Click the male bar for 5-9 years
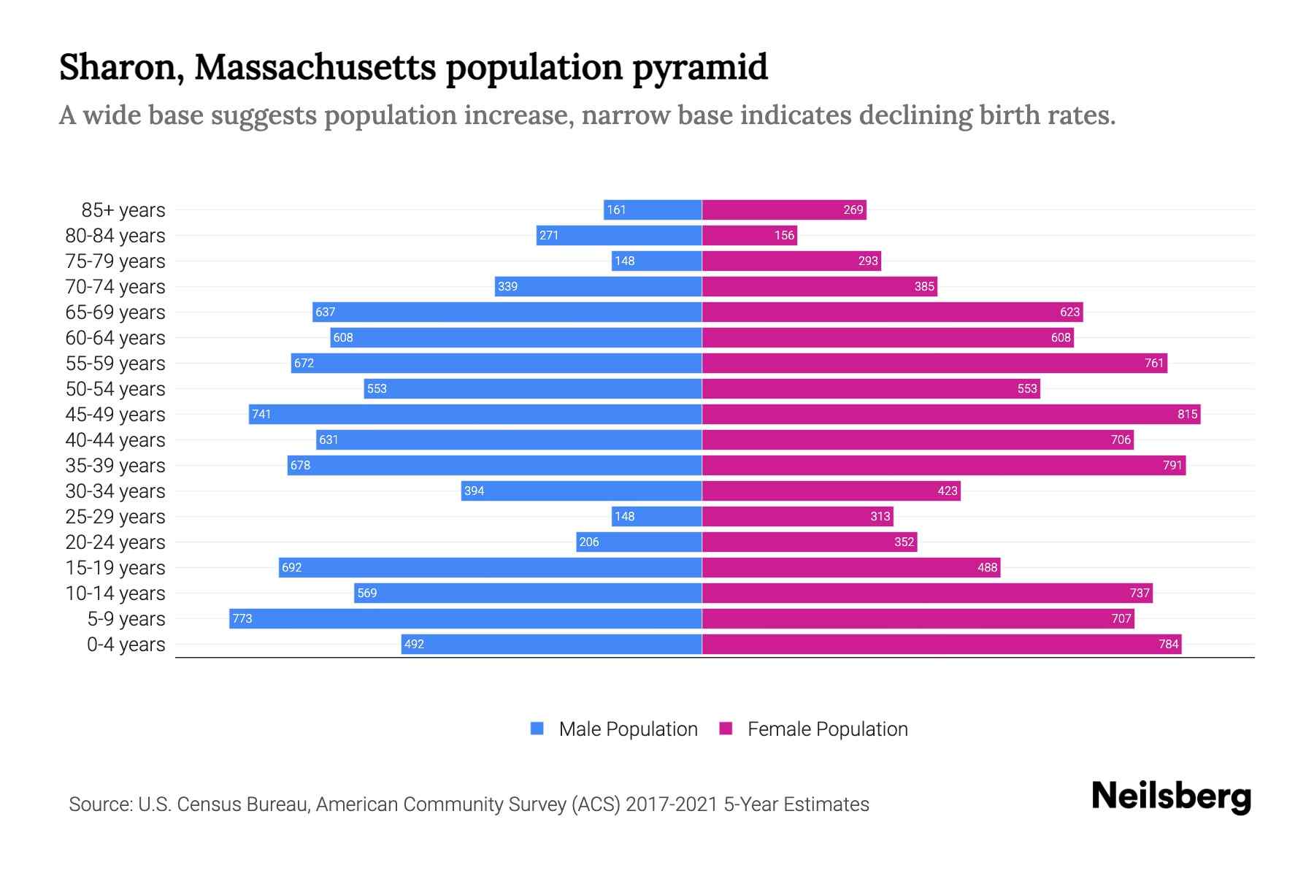click(x=466, y=618)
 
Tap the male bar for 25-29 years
click(x=657, y=516)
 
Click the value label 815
click(x=1187, y=414)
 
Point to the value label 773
click(x=242, y=618)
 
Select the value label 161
click(x=616, y=210)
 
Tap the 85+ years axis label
click(x=123, y=210)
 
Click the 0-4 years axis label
click(x=126, y=644)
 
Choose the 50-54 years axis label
click(x=115, y=388)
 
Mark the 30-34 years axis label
click(x=115, y=491)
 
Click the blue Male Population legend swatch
click(x=537, y=729)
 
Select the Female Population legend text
click(x=827, y=729)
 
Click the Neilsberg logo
click(x=1171, y=796)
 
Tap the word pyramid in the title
click(x=699, y=67)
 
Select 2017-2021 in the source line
click(x=672, y=804)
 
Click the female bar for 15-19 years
click(x=850, y=567)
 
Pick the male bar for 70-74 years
click(x=599, y=286)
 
